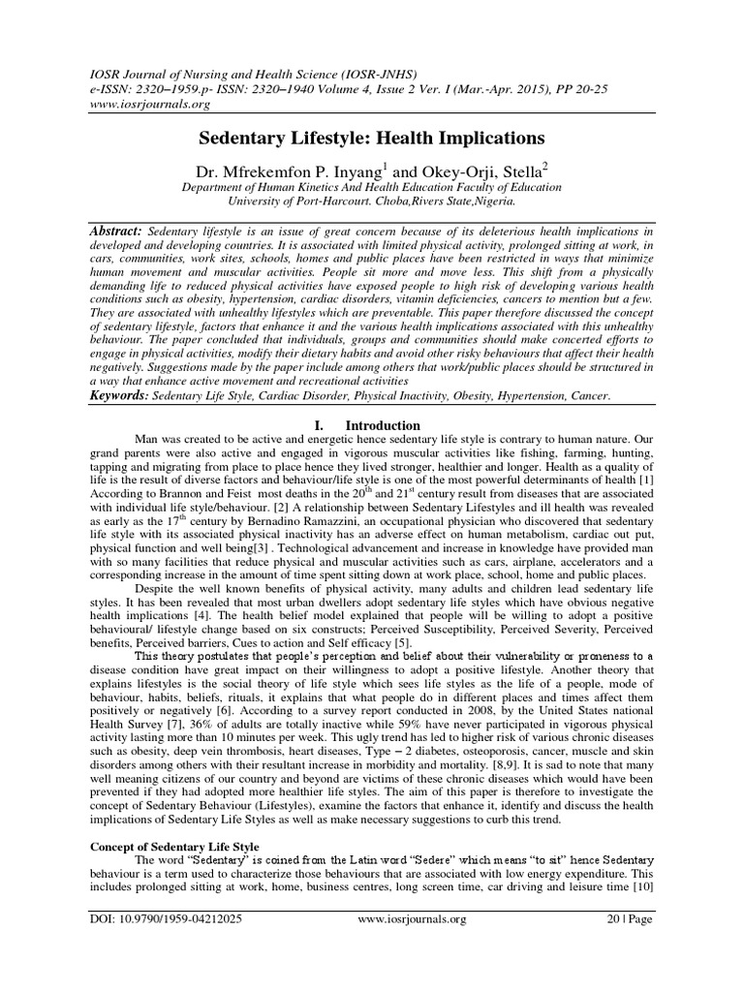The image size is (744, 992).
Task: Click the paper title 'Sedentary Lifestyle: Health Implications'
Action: [x=371, y=138]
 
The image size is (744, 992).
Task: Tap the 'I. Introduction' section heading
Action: [x=369, y=425]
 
